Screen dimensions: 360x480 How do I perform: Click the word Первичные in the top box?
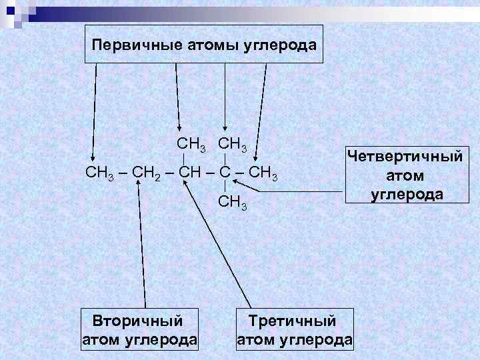coord(127,45)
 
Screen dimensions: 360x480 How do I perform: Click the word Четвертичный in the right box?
coord(405,157)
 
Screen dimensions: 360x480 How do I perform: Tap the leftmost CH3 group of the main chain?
coord(101,175)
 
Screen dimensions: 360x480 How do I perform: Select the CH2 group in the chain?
coord(148,175)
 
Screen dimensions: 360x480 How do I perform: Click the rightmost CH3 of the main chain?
coord(261,175)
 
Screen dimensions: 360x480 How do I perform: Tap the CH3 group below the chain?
coord(233,202)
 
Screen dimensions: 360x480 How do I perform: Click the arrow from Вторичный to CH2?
coord(141,247)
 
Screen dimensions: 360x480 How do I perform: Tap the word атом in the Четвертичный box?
coord(405,175)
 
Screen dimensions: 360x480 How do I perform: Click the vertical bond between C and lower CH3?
coord(227,189)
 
